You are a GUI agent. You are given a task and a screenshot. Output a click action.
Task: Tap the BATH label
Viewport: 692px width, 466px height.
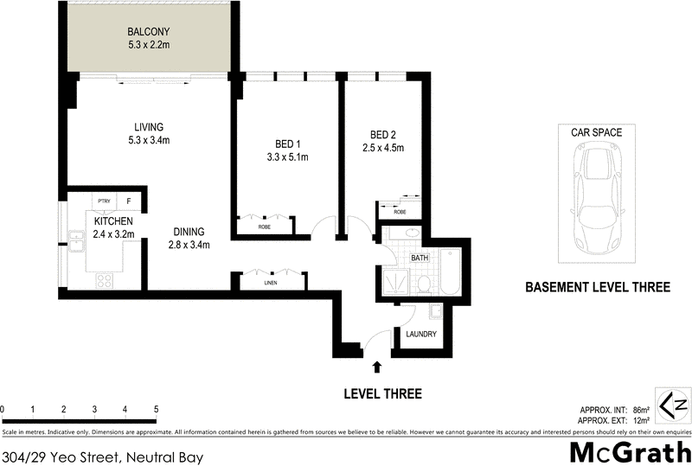(x=420, y=258)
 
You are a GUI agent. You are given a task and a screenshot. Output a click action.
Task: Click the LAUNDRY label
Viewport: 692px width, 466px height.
(x=420, y=335)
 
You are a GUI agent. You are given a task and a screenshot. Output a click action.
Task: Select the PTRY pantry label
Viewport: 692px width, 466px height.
(x=104, y=200)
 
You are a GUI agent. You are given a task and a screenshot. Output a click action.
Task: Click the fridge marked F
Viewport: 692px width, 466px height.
(x=131, y=200)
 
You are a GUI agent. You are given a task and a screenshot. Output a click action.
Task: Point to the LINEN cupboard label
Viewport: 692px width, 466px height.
(x=271, y=283)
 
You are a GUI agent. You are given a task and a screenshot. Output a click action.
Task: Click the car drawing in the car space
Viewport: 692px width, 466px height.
(x=596, y=197)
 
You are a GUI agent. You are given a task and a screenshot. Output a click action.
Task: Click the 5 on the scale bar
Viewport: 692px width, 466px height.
(x=156, y=409)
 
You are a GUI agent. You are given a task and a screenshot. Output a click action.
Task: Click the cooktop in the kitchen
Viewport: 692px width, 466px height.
(x=104, y=281)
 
